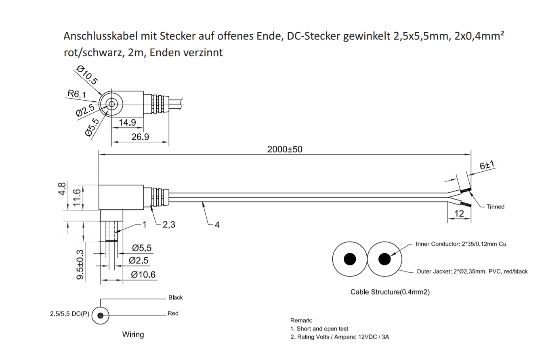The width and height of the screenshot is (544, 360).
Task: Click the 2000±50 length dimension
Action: click(x=284, y=149)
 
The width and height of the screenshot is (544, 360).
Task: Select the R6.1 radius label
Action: click(x=77, y=95)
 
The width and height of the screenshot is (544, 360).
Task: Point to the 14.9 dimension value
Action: click(x=127, y=122)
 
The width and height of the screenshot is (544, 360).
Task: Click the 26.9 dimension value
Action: click(x=140, y=137)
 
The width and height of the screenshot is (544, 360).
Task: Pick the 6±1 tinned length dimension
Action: click(x=487, y=165)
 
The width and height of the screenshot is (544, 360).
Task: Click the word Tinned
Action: click(x=495, y=207)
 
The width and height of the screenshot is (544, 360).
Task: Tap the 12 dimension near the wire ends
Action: click(x=459, y=214)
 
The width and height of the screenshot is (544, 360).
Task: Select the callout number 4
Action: click(x=217, y=225)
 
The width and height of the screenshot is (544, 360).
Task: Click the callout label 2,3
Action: click(x=169, y=225)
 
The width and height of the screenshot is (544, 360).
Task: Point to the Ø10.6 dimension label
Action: click(x=143, y=275)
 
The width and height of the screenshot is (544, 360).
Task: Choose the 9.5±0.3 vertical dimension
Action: click(x=81, y=264)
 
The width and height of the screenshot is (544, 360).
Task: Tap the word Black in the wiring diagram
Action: click(x=175, y=298)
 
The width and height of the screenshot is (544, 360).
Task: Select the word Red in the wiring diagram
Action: click(x=173, y=314)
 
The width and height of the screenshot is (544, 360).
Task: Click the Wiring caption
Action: click(x=133, y=335)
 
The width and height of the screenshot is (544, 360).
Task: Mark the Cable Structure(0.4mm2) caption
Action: click(x=390, y=292)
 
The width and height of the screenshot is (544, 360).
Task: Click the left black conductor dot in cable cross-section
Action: click(x=350, y=259)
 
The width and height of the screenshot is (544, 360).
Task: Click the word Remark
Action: click(x=301, y=320)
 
